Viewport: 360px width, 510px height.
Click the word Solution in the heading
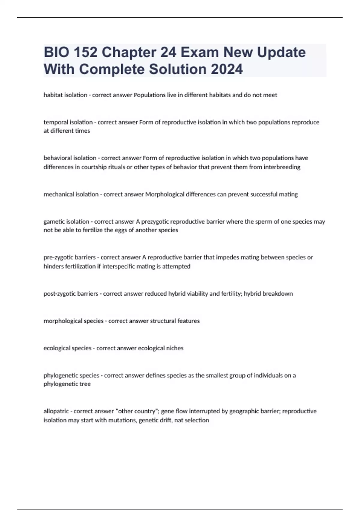[177, 69]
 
